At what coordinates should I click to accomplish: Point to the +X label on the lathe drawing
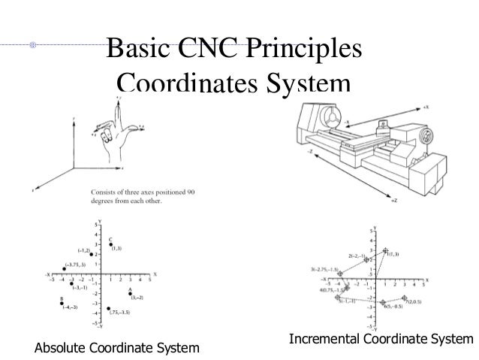426,107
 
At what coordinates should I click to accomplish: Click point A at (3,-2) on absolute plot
129,294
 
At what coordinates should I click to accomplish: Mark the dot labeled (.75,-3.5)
109,308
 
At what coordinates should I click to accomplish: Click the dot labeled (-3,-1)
72,283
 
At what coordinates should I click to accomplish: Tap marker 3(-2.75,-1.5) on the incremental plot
339,274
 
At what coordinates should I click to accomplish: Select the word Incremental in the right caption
323,340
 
